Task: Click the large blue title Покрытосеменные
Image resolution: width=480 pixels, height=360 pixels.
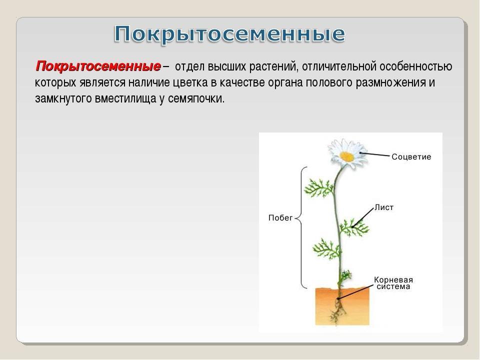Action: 229,34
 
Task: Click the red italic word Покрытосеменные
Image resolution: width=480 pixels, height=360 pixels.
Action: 98,66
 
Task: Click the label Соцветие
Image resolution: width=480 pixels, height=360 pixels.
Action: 411,156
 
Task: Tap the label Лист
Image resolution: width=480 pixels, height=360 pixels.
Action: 384,207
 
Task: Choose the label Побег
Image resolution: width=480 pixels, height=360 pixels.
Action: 280,217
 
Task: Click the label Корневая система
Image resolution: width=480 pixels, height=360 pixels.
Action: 393,283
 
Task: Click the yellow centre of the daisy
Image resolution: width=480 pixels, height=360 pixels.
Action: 347,156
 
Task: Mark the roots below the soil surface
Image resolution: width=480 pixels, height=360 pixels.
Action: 337,310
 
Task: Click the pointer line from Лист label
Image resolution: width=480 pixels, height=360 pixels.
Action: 363,217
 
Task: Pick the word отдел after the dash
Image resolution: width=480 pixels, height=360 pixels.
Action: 190,67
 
